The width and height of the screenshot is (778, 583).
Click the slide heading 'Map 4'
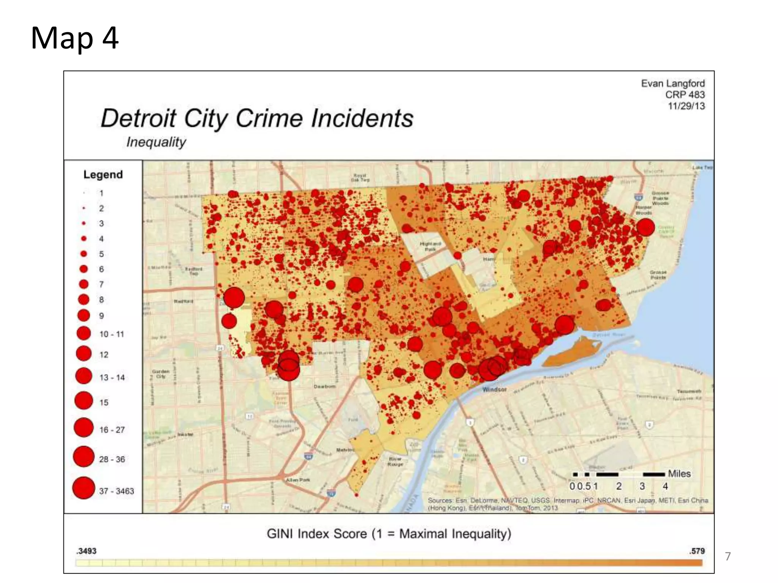[x=75, y=38]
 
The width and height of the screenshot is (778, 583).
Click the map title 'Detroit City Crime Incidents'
[x=257, y=118]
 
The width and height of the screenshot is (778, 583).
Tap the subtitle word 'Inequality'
[x=156, y=142]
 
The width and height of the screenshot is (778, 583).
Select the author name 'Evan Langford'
[x=672, y=83]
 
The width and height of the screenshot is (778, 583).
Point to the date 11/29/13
[x=686, y=106]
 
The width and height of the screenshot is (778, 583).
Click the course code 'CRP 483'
[x=685, y=95]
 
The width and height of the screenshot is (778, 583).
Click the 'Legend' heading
[x=103, y=175]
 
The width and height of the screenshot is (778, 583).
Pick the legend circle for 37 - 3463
[x=84, y=488]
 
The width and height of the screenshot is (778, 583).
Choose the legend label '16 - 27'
[x=112, y=430]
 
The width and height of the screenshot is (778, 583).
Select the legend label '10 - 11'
[x=112, y=334]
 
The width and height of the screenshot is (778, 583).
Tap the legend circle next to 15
[x=84, y=400]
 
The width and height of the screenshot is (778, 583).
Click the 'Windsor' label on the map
[x=494, y=389]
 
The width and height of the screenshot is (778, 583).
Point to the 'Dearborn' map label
[x=324, y=386]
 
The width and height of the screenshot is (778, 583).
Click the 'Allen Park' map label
[x=298, y=480]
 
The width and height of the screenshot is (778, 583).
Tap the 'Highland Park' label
[x=430, y=246]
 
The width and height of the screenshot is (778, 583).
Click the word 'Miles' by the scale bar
[x=679, y=474]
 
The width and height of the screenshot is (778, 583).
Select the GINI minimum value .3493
[x=86, y=551]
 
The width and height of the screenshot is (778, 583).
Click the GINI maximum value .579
[x=697, y=551]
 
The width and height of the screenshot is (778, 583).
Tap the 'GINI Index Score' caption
[x=389, y=534]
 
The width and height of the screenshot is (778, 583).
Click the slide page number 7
[x=727, y=556]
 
